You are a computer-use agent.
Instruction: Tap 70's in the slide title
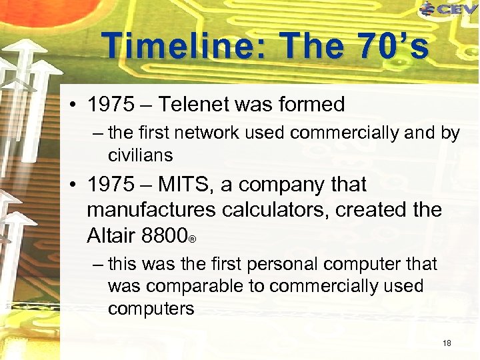tap(393, 47)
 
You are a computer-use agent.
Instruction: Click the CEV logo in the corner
tap(448, 9)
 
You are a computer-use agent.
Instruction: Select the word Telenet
tap(202, 105)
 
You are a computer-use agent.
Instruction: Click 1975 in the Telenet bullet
tap(113, 105)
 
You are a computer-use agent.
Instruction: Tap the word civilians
tap(140, 155)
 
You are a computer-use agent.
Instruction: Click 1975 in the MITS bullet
tap(113, 184)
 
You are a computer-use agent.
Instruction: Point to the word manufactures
tap(151, 210)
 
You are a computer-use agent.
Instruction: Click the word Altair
tap(111, 235)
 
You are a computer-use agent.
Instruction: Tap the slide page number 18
tap(447, 343)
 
